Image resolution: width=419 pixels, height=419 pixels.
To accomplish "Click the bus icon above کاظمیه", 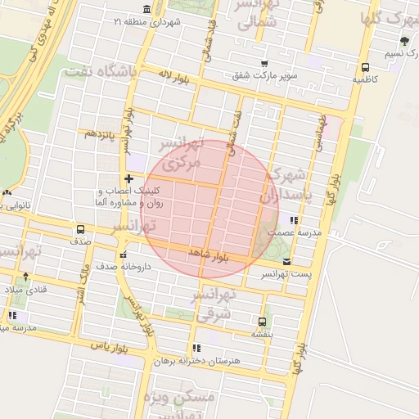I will pyautogui.click(x=364, y=68).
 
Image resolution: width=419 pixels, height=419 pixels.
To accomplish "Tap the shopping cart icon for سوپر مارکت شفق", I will pyautogui.click(x=264, y=63).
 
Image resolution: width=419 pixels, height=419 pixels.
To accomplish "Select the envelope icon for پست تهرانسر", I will pyautogui.click(x=286, y=261).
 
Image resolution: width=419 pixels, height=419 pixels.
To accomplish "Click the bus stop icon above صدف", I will pyautogui.click(x=80, y=230).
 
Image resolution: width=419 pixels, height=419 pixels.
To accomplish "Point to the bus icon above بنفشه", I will pyautogui.click(x=262, y=322).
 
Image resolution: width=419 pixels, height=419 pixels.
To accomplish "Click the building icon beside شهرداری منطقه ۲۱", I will pyautogui.click(x=146, y=9).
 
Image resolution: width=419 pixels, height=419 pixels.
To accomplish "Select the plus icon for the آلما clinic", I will pyautogui.click(x=128, y=178).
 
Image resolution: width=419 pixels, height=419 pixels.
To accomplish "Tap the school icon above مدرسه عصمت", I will pyautogui.click(x=293, y=220).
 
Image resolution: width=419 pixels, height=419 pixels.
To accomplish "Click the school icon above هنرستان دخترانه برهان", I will pyautogui.click(x=196, y=348).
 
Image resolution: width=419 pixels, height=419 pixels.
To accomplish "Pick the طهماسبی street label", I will pyautogui.click(x=321, y=132).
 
